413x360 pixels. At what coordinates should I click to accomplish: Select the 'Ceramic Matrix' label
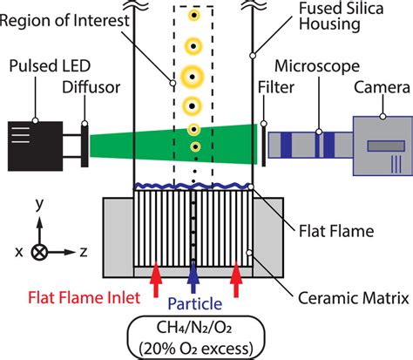pyautogui.click(x=362, y=298)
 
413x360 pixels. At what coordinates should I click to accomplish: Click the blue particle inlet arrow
pyautogui.click(x=194, y=278)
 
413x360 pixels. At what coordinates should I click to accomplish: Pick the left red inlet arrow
pyautogui.click(x=155, y=278)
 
